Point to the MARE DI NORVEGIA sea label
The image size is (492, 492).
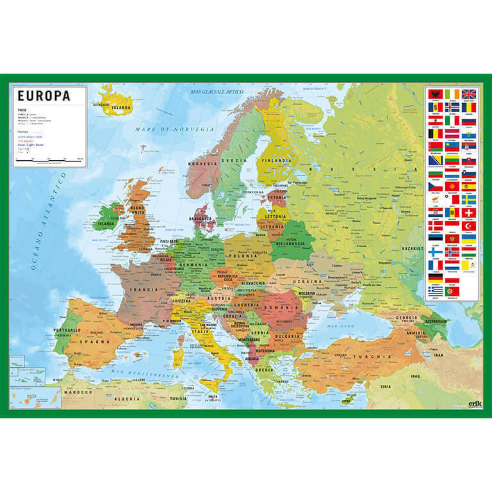(x=164, y=130)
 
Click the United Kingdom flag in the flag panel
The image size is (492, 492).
(x=469, y=94)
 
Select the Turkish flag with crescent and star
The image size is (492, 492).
(x=469, y=226)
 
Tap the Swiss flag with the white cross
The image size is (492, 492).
(x=469, y=213)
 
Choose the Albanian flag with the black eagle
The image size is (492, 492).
(x=436, y=94)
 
